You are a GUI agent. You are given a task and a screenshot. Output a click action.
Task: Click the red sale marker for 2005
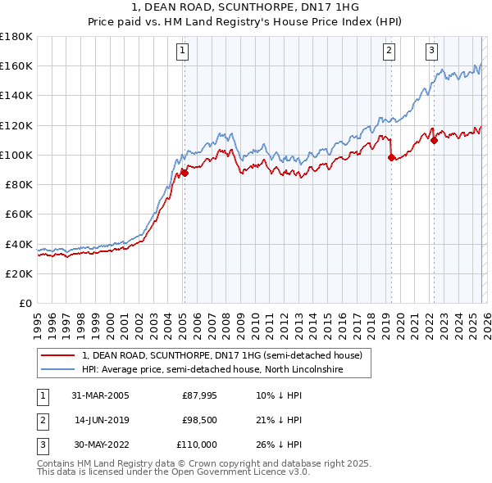click(185, 173)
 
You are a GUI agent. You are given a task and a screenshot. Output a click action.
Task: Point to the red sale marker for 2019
click(391, 157)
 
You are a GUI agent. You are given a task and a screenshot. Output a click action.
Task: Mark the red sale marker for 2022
click(434, 140)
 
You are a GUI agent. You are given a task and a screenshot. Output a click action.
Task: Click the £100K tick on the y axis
click(16, 155)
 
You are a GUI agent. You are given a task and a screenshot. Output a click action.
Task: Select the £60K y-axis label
click(18, 214)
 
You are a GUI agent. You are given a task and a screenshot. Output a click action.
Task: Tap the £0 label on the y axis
click(25, 303)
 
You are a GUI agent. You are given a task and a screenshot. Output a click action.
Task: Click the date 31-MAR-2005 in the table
click(100, 395)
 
